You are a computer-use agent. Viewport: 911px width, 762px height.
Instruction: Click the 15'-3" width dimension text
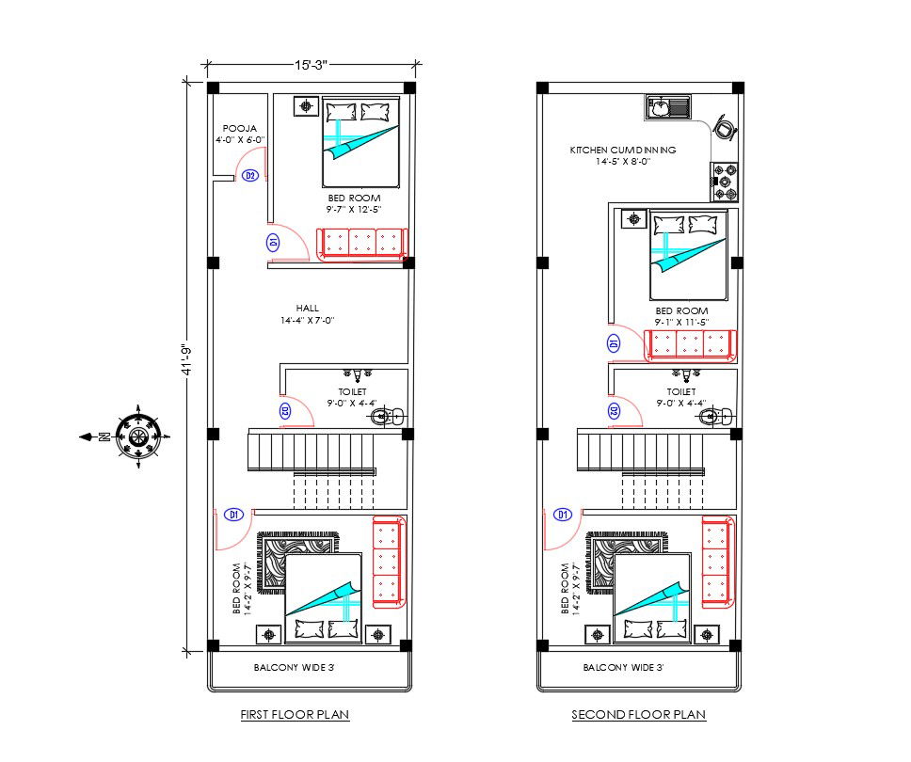tap(310, 65)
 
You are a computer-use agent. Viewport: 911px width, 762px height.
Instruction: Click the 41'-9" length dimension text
tap(186, 359)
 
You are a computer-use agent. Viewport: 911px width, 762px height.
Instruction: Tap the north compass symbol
tap(138, 436)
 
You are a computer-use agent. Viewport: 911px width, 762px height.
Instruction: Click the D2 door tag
tap(250, 176)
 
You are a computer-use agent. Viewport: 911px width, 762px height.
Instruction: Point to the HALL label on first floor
tap(307, 308)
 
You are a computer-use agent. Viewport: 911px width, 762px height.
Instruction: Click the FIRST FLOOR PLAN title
tap(295, 715)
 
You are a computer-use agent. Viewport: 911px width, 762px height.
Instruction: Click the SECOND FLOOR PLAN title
tap(638, 715)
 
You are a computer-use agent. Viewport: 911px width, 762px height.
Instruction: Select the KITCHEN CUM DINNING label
tap(622, 150)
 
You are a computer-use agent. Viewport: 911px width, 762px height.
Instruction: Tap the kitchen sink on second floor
tap(667, 108)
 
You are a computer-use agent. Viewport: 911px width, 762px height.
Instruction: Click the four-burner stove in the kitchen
tap(725, 183)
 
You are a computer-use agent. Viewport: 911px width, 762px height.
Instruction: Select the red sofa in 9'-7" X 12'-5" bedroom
tap(361, 243)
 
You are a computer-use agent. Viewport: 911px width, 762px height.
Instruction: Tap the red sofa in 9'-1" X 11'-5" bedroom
tap(691, 345)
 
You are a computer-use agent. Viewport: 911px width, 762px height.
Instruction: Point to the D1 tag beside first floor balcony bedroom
tap(234, 515)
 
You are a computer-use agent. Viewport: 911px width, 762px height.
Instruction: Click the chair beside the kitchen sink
tap(726, 126)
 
